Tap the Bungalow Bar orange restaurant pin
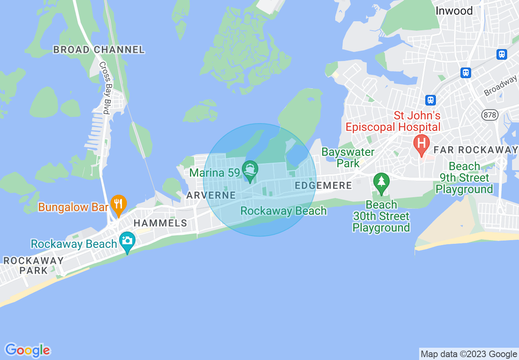(118, 204)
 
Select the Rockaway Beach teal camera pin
(127, 241)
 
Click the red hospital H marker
(421, 144)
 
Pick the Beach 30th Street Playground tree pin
(381, 182)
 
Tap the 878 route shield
(490, 115)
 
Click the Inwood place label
(454, 11)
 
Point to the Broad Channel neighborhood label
(99, 50)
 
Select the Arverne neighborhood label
(211, 195)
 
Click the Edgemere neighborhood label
(323, 186)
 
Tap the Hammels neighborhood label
(160, 223)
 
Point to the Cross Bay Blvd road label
(104, 88)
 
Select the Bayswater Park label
(348, 157)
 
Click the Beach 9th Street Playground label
(464, 178)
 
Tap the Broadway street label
(501, 86)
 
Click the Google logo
(27, 350)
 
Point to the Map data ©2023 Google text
(469, 354)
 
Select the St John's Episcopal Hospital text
(393, 121)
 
